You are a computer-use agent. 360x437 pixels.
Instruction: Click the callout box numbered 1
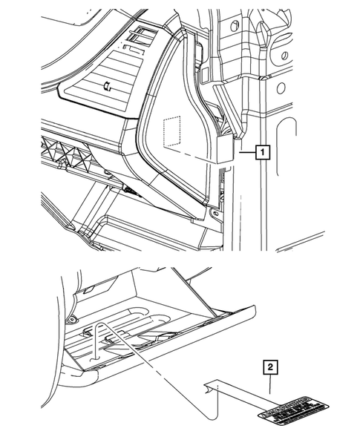pos(261,154)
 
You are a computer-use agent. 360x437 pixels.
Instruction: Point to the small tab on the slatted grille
pos(109,87)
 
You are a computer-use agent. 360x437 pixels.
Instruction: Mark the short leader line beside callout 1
pos(245,154)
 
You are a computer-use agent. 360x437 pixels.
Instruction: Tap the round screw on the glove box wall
pos(74,318)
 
